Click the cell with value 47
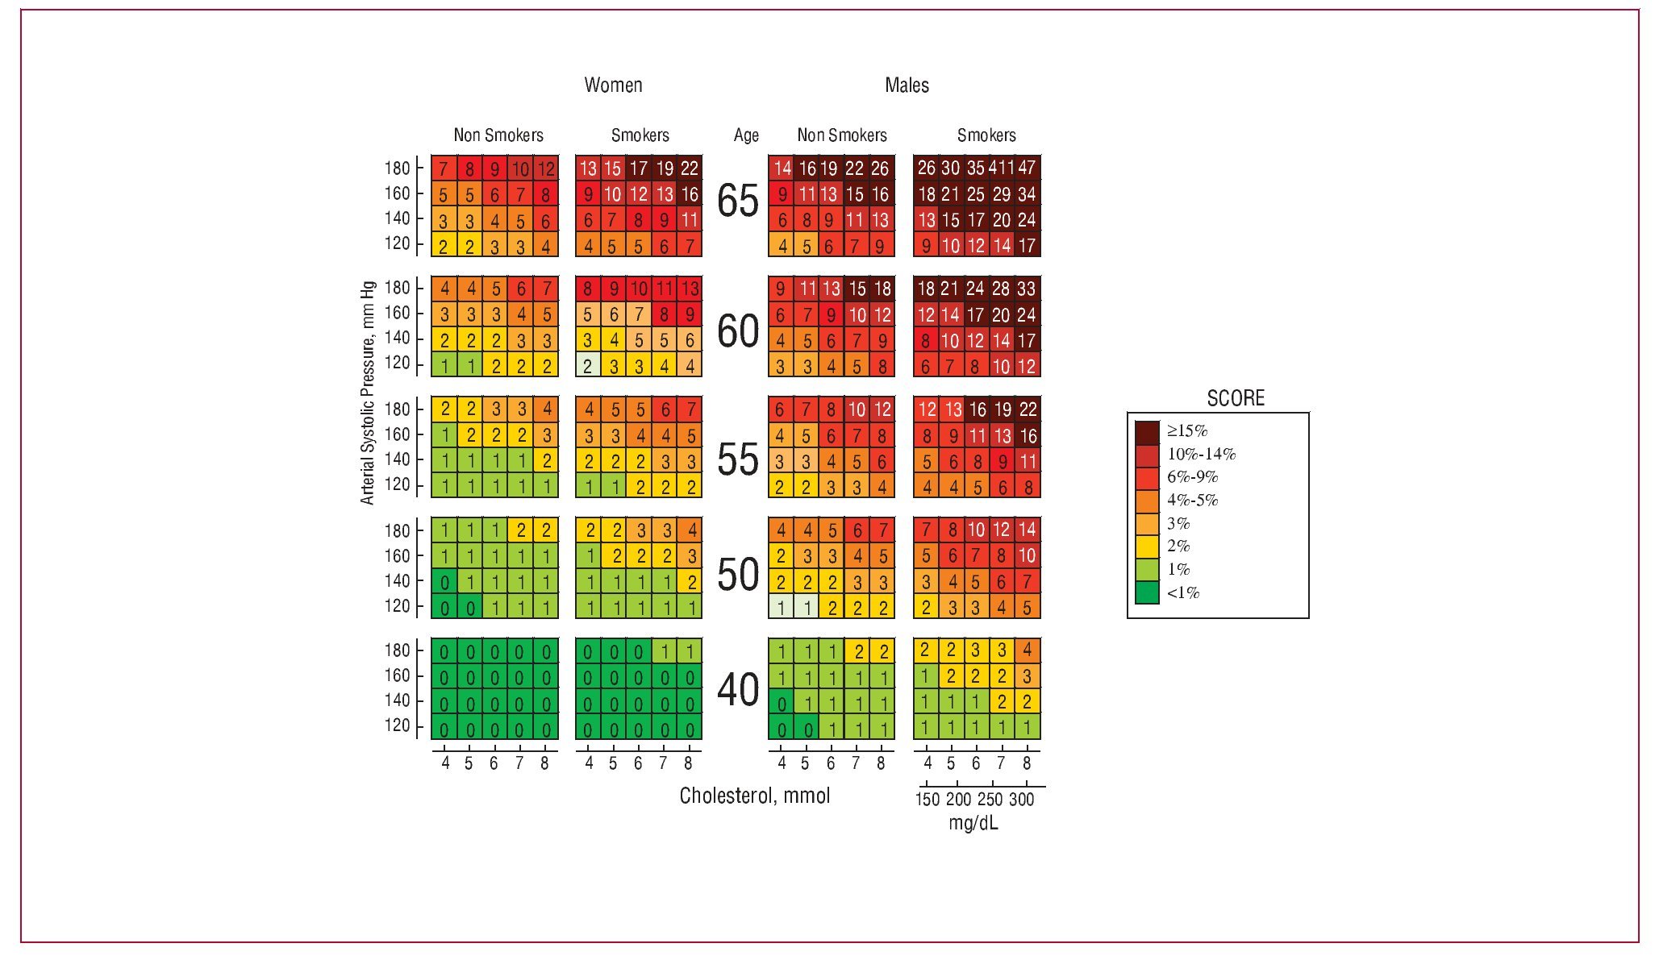[x=1027, y=168]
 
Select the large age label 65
[x=737, y=202]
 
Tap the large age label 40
[x=737, y=691]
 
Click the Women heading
[x=613, y=85]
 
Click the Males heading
[x=907, y=85]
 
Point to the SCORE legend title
[x=1235, y=398]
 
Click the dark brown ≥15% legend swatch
[x=1146, y=431]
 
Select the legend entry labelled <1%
[x=1182, y=593]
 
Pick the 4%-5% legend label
[x=1192, y=501]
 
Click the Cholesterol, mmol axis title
[x=754, y=796]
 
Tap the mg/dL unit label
[x=973, y=824]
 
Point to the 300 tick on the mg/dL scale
[x=1021, y=799]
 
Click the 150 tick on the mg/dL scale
[x=927, y=799]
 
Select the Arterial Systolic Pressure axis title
[x=368, y=393]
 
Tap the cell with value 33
[x=1027, y=289]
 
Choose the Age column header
[x=746, y=135]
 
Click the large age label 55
[x=737, y=460]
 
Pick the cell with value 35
[x=976, y=168]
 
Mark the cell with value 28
[x=1001, y=289]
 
